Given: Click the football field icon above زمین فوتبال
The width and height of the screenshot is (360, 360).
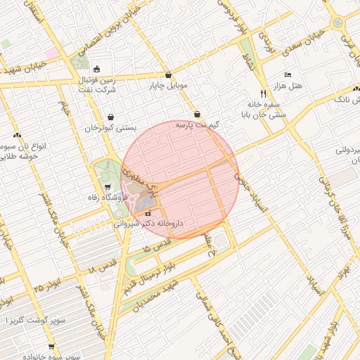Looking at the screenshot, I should (x=96, y=69).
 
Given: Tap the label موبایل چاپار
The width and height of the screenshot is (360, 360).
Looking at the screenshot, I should (x=167, y=86).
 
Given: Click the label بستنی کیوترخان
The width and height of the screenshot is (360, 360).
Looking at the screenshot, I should (x=109, y=129).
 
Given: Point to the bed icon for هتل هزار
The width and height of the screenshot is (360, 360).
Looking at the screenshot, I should (x=287, y=75).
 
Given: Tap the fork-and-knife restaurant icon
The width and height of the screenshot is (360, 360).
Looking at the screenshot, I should (x=264, y=93).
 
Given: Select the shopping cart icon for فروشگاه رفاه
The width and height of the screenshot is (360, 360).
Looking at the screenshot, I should (x=107, y=187).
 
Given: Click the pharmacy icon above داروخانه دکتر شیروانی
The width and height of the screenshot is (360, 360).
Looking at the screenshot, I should (x=148, y=213).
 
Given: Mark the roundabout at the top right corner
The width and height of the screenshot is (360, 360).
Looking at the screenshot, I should (x=339, y=22).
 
